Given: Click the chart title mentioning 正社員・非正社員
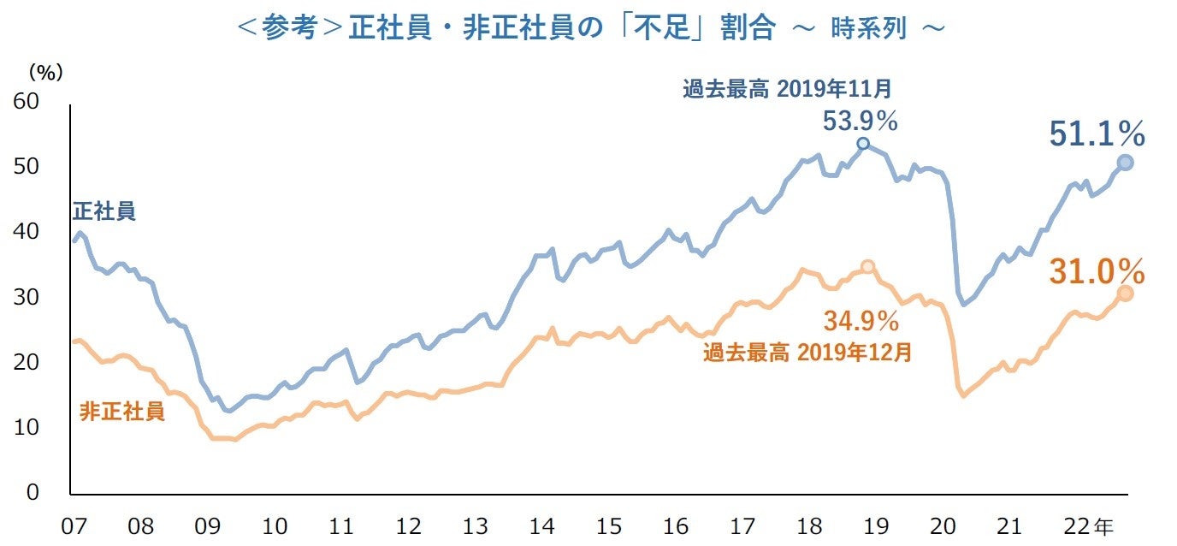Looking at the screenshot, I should (x=590, y=27).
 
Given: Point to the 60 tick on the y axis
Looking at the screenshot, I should (x=27, y=101).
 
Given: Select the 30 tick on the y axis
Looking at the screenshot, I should (x=27, y=297).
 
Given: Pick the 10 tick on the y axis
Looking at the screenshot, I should (x=27, y=427).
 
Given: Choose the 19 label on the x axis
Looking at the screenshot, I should (x=877, y=525).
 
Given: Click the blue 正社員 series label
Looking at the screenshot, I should (x=104, y=211).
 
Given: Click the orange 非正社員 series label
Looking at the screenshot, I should (x=121, y=411).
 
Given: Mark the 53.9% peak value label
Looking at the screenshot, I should (x=860, y=122).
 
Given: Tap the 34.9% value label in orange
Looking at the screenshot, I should (x=861, y=322).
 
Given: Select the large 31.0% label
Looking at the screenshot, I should (x=1097, y=272).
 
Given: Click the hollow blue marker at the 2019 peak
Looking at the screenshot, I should (x=863, y=144).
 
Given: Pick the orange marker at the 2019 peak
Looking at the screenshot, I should (x=867, y=267).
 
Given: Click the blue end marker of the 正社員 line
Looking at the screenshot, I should (x=1125, y=163).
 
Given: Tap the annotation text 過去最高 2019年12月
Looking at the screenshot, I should (x=807, y=353).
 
